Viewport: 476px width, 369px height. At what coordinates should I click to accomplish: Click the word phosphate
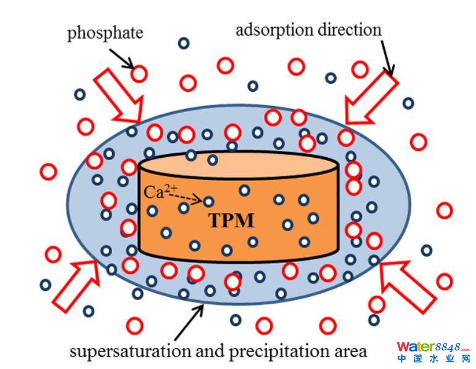105,32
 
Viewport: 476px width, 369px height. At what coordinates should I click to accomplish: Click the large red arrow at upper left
118,95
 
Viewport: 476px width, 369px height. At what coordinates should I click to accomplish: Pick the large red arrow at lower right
407,284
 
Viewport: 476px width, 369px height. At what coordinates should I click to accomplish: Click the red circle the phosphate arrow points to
139,74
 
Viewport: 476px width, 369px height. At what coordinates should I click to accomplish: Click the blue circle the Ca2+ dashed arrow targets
208,201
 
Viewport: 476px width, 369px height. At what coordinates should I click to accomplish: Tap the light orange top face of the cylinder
238,163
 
